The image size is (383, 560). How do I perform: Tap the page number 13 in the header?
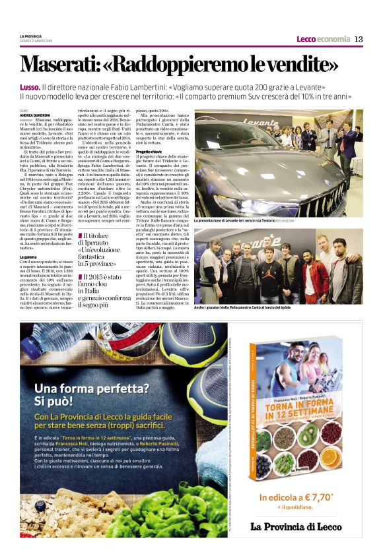pos(359,39)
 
